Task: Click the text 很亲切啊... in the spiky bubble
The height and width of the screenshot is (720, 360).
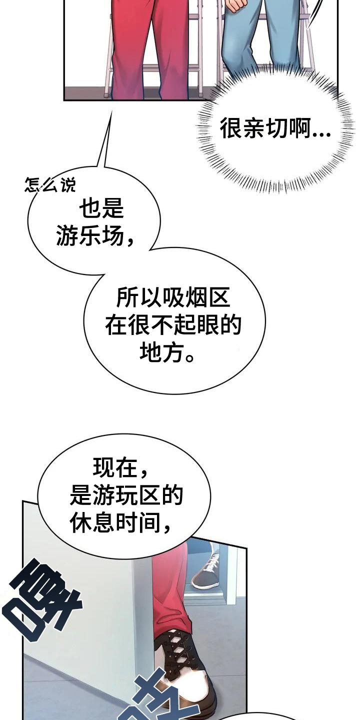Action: click(275, 129)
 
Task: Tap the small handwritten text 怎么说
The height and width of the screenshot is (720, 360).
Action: click(50, 185)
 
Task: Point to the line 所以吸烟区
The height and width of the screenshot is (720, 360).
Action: click(173, 298)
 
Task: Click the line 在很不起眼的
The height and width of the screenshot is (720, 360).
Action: click(173, 326)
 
